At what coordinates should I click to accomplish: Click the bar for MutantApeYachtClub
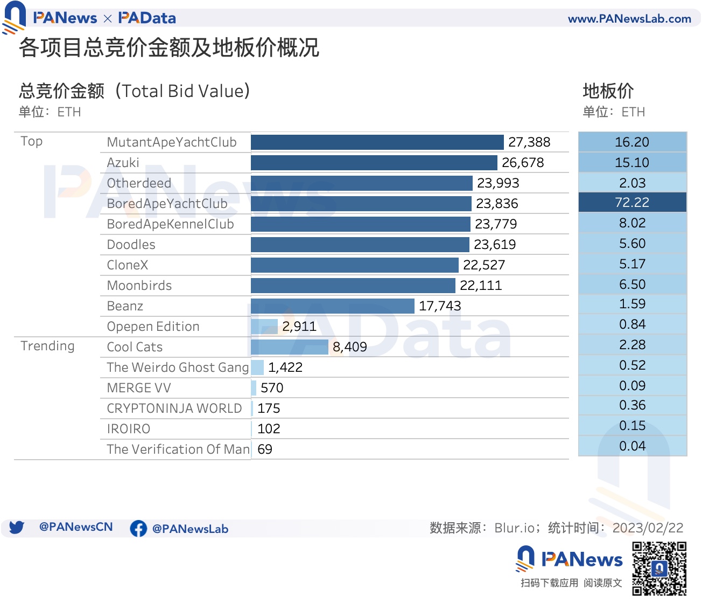pyautogui.click(x=377, y=142)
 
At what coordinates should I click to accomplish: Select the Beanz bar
pyautogui.click(x=332, y=306)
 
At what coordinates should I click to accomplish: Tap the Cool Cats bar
pyautogui.click(x=290, y=347)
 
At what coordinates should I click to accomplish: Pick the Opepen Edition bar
pyautogui.click(x=264, y=327)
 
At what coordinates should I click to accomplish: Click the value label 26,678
pyautogui.click(x=523, y=163)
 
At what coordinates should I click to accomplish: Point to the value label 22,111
pyautogui.click(x=480, y=286)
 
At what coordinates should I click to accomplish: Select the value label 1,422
pyautogui.click(x=285, y=368)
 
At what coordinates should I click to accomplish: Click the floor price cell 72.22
pyautogui.click(x=632, y=203)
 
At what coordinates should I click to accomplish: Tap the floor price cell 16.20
pyautogui.click(x=632, y=142)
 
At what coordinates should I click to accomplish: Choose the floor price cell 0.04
pyautogui.click(x=632, y=446)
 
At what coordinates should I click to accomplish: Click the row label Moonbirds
pyautogui.click(x=139, y=286)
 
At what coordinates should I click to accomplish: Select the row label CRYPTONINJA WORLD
pyautogui.click(x=174, y=408)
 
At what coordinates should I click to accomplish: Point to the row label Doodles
pyautogui.click(x=131, y=245)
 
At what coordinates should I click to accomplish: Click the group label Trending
pyautogui.click(x=47, y=346)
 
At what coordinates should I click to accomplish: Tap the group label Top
pyautogui.click(x=31, y=141)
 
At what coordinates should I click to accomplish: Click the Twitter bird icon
pyautogui.click(x=17, y=528)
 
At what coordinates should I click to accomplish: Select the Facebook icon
pyautogui.click(x=138, y=529)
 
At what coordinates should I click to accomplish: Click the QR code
pyautogui.click(x=659, y=569)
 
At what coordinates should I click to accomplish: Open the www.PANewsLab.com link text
pyautogui.click(x=629, y=19)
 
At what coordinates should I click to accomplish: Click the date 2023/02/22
pyautogui.click(x=648, y=528)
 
